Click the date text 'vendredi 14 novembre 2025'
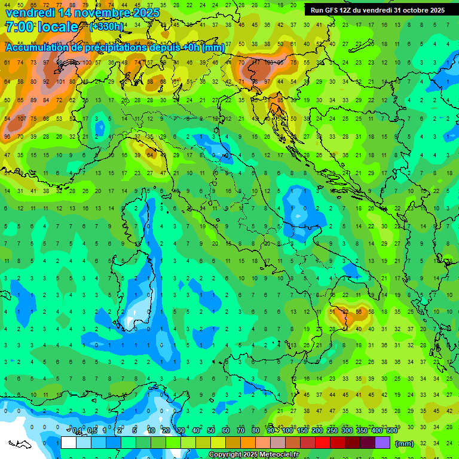pyautogui.click(x=82, y=12)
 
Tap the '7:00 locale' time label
pyautogui.click(x=41, y=27)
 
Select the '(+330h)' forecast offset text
pyautogui.click(x=106, y=27)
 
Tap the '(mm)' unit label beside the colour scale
pyautogui.click(x=405, y=443)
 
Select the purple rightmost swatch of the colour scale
pyautogui.click(x=382, y=443)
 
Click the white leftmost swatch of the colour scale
pyautogui.click(x=69, y=443)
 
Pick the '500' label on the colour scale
pyautogui.click(x=391, y=430)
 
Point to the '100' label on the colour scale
pyautogui.click(x=287, y=430)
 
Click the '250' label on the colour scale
pyautogui.click(x=332, y=430)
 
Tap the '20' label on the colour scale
pyautogui.click(x=166, y=430)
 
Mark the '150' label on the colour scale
pyautogui.click(x=302, y=430)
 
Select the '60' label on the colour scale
pyautogui.click(x=226, y=430)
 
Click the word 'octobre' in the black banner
pyautogui.click(x=417, y=10)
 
